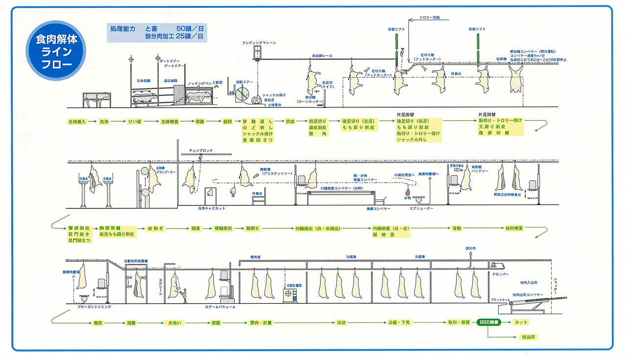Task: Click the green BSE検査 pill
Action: [x=488, y=323]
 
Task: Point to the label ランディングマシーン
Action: [x=259, y=43]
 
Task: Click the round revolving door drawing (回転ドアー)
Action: [x=241, y=94]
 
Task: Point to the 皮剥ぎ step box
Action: [x=156, y=228]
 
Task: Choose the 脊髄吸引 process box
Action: [x=223, y=228]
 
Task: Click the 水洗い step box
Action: [x=175, y=323]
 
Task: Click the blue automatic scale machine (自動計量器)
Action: [x=291, y=295]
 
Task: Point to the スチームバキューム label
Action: [x=221, y=307]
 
